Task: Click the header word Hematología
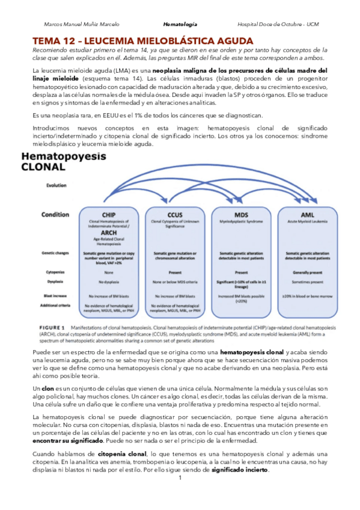(x=180, y=24)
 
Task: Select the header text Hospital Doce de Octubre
(x=269, y=24)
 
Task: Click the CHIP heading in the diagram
(x=109, y=214)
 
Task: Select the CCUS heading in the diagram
(x=174, y=214)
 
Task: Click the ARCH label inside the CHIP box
(x=109, y=233)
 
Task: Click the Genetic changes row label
(x=58, y=253)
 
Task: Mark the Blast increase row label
(x=56, y=296)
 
